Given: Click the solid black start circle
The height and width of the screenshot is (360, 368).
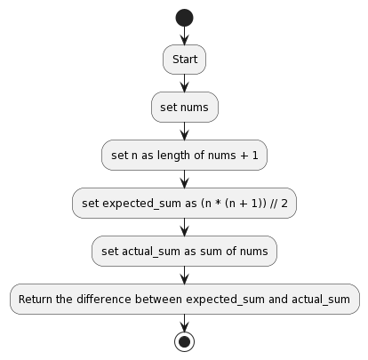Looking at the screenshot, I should click(x=184, y=18).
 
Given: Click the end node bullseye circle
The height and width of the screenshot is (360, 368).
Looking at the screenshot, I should click(x=184, y=341).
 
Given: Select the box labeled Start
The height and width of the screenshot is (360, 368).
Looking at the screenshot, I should click(x=184, y=60).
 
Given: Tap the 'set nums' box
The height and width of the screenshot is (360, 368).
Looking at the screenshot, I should click(x=184, y=108).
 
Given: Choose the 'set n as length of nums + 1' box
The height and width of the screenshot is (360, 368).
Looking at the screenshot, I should click(x=184, y=156).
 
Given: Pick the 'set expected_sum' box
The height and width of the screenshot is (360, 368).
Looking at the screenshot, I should click(x=184, y=204).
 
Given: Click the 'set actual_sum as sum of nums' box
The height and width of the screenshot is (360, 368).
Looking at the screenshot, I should click(x=184, y=252).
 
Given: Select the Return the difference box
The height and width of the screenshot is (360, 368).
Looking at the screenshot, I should click(x=184, y=300).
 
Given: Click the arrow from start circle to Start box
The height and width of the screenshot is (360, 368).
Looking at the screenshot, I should click(x=184, y=36).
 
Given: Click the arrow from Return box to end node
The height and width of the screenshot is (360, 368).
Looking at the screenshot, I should click(x=184, y=322).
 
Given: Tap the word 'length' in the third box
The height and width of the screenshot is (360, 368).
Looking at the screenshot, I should click(x=172, y=156).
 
